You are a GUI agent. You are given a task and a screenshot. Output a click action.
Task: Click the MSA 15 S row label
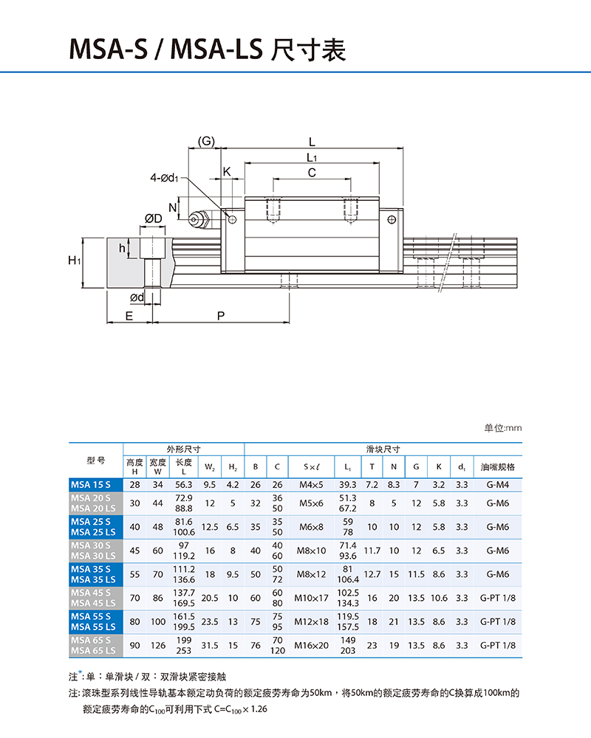pos(90,485)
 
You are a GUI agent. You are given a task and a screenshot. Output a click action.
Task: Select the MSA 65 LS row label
pos(93,650)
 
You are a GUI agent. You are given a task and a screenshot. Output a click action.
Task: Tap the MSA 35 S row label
pos(91,569)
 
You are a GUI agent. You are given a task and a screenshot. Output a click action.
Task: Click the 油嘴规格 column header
pos(497,467)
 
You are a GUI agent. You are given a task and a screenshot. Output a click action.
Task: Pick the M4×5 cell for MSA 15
pos(310,485)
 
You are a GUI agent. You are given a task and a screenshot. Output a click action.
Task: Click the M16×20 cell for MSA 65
pos(310,645)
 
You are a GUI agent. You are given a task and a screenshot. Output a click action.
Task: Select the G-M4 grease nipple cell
pos(497,485)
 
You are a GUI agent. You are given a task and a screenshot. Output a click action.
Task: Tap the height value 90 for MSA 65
pos(134,645)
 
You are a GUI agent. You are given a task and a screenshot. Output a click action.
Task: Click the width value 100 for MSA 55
pos(158,622)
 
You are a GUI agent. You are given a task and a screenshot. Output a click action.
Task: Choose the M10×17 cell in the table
pos(310,599)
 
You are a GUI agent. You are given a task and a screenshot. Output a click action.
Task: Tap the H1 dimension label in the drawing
pos(74,261)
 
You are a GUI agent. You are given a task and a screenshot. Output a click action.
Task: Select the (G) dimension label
pos(206,140)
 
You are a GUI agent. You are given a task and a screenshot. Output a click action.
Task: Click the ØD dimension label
pos(154,218)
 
